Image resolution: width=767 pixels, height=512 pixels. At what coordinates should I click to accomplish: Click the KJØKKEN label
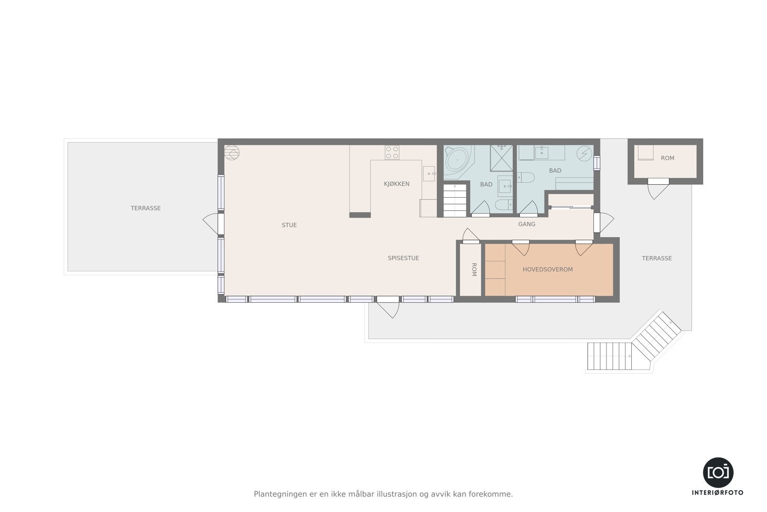396,184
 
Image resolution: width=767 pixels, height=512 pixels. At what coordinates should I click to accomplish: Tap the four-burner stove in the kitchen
392,153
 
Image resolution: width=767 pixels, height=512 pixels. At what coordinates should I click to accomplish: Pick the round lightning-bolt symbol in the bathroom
584,154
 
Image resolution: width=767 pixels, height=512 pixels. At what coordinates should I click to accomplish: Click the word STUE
289,225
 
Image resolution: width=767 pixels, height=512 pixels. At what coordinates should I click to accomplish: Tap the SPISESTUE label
403,258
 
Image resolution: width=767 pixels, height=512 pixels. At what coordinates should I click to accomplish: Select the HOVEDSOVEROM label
547,270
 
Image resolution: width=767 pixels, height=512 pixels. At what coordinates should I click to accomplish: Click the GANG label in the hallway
526,224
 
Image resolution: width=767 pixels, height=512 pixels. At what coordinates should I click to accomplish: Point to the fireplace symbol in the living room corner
232,153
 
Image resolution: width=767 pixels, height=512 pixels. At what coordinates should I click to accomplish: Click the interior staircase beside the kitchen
454,200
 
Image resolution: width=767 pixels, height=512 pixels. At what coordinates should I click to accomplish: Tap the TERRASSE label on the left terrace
146,208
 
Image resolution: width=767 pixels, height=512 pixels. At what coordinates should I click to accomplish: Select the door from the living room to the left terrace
212,224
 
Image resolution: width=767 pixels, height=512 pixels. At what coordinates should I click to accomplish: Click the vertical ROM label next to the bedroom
474,270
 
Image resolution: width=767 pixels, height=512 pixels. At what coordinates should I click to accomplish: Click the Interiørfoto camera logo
718,472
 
